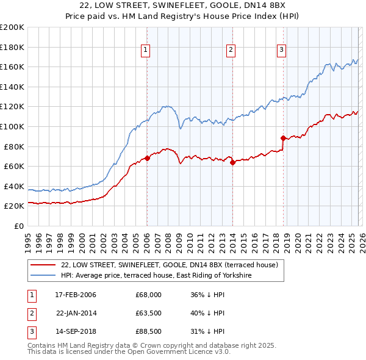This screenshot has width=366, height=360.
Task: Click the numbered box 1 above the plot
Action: (x=146, y=51)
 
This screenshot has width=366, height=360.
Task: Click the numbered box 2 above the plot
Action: (x=231, y=51)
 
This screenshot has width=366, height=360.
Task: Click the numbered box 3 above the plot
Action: (x=281, y=51)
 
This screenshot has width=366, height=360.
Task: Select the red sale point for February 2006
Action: (x=147, y=158)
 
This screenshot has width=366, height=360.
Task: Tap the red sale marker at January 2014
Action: (x=232, y=162)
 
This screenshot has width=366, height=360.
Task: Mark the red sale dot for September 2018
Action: (x=283, y=138)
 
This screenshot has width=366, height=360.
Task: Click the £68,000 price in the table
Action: (x=148, y=295)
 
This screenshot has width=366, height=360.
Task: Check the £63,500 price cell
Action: (x=148, y=314)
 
